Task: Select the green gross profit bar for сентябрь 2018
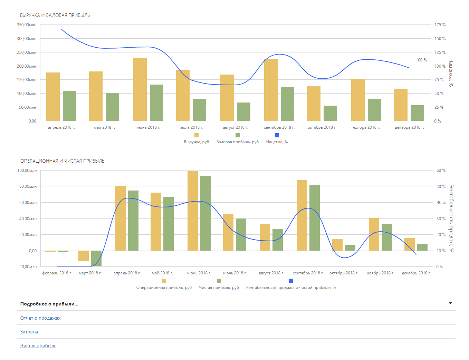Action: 287,104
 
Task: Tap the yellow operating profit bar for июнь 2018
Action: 193,211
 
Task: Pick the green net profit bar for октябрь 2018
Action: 350,248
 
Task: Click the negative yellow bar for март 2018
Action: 84,256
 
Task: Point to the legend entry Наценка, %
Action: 277,142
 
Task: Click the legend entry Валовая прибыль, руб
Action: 237,142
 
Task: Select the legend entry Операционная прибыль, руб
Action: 164,288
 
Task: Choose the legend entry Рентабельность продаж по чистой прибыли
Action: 291,288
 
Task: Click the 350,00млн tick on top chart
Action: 27,25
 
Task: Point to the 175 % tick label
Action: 440,25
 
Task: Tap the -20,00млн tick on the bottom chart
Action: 28,267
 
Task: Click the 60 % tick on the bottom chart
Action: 441,171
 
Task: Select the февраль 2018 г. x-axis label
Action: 57,273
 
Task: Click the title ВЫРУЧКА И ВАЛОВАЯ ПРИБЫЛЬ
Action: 55,15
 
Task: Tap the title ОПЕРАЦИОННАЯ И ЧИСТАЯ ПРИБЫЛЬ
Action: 62,161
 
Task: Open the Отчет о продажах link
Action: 40,318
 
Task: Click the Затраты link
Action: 29,332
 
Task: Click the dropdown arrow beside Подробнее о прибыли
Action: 450,303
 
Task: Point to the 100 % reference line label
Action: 421,60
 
